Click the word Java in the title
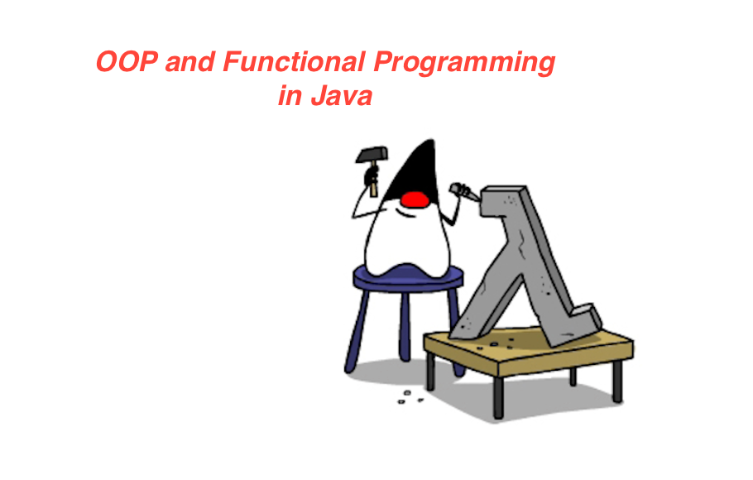pyautogui.click(x=342, y=97)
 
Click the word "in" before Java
pyautogui.click(x=290, y=97)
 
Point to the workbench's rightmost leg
pyautogui.click(x=616, y=381)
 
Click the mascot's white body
pyautogui.click(x=405, y=240)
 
